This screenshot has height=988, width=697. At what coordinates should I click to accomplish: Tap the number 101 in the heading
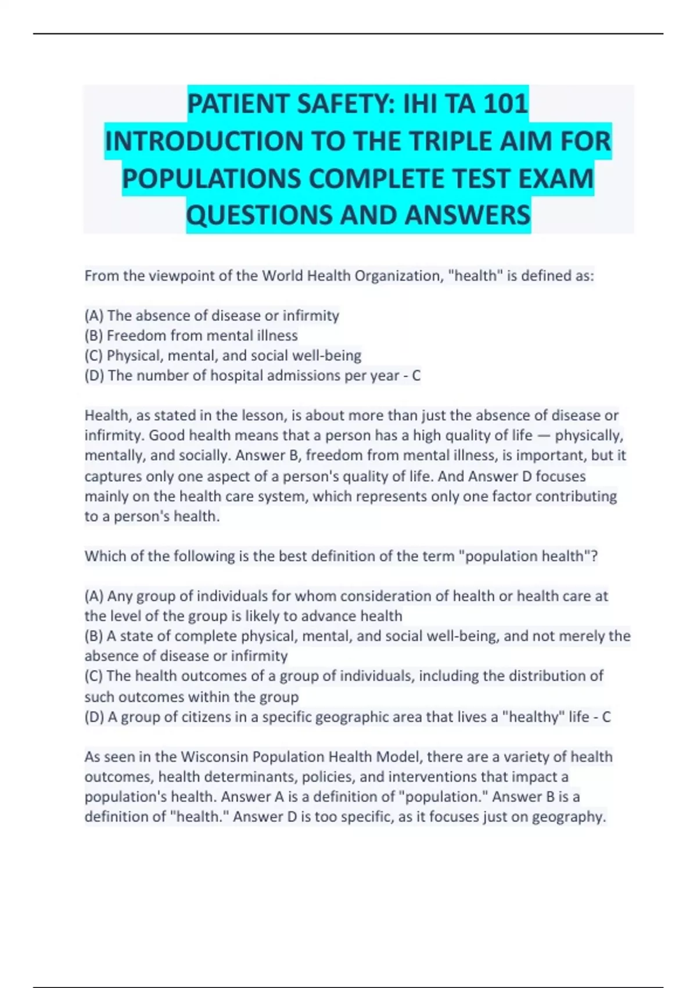coord(505,105)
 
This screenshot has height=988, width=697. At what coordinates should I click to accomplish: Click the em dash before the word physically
coord(544,435)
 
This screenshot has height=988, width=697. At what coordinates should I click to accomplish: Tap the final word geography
coord(569,817)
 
